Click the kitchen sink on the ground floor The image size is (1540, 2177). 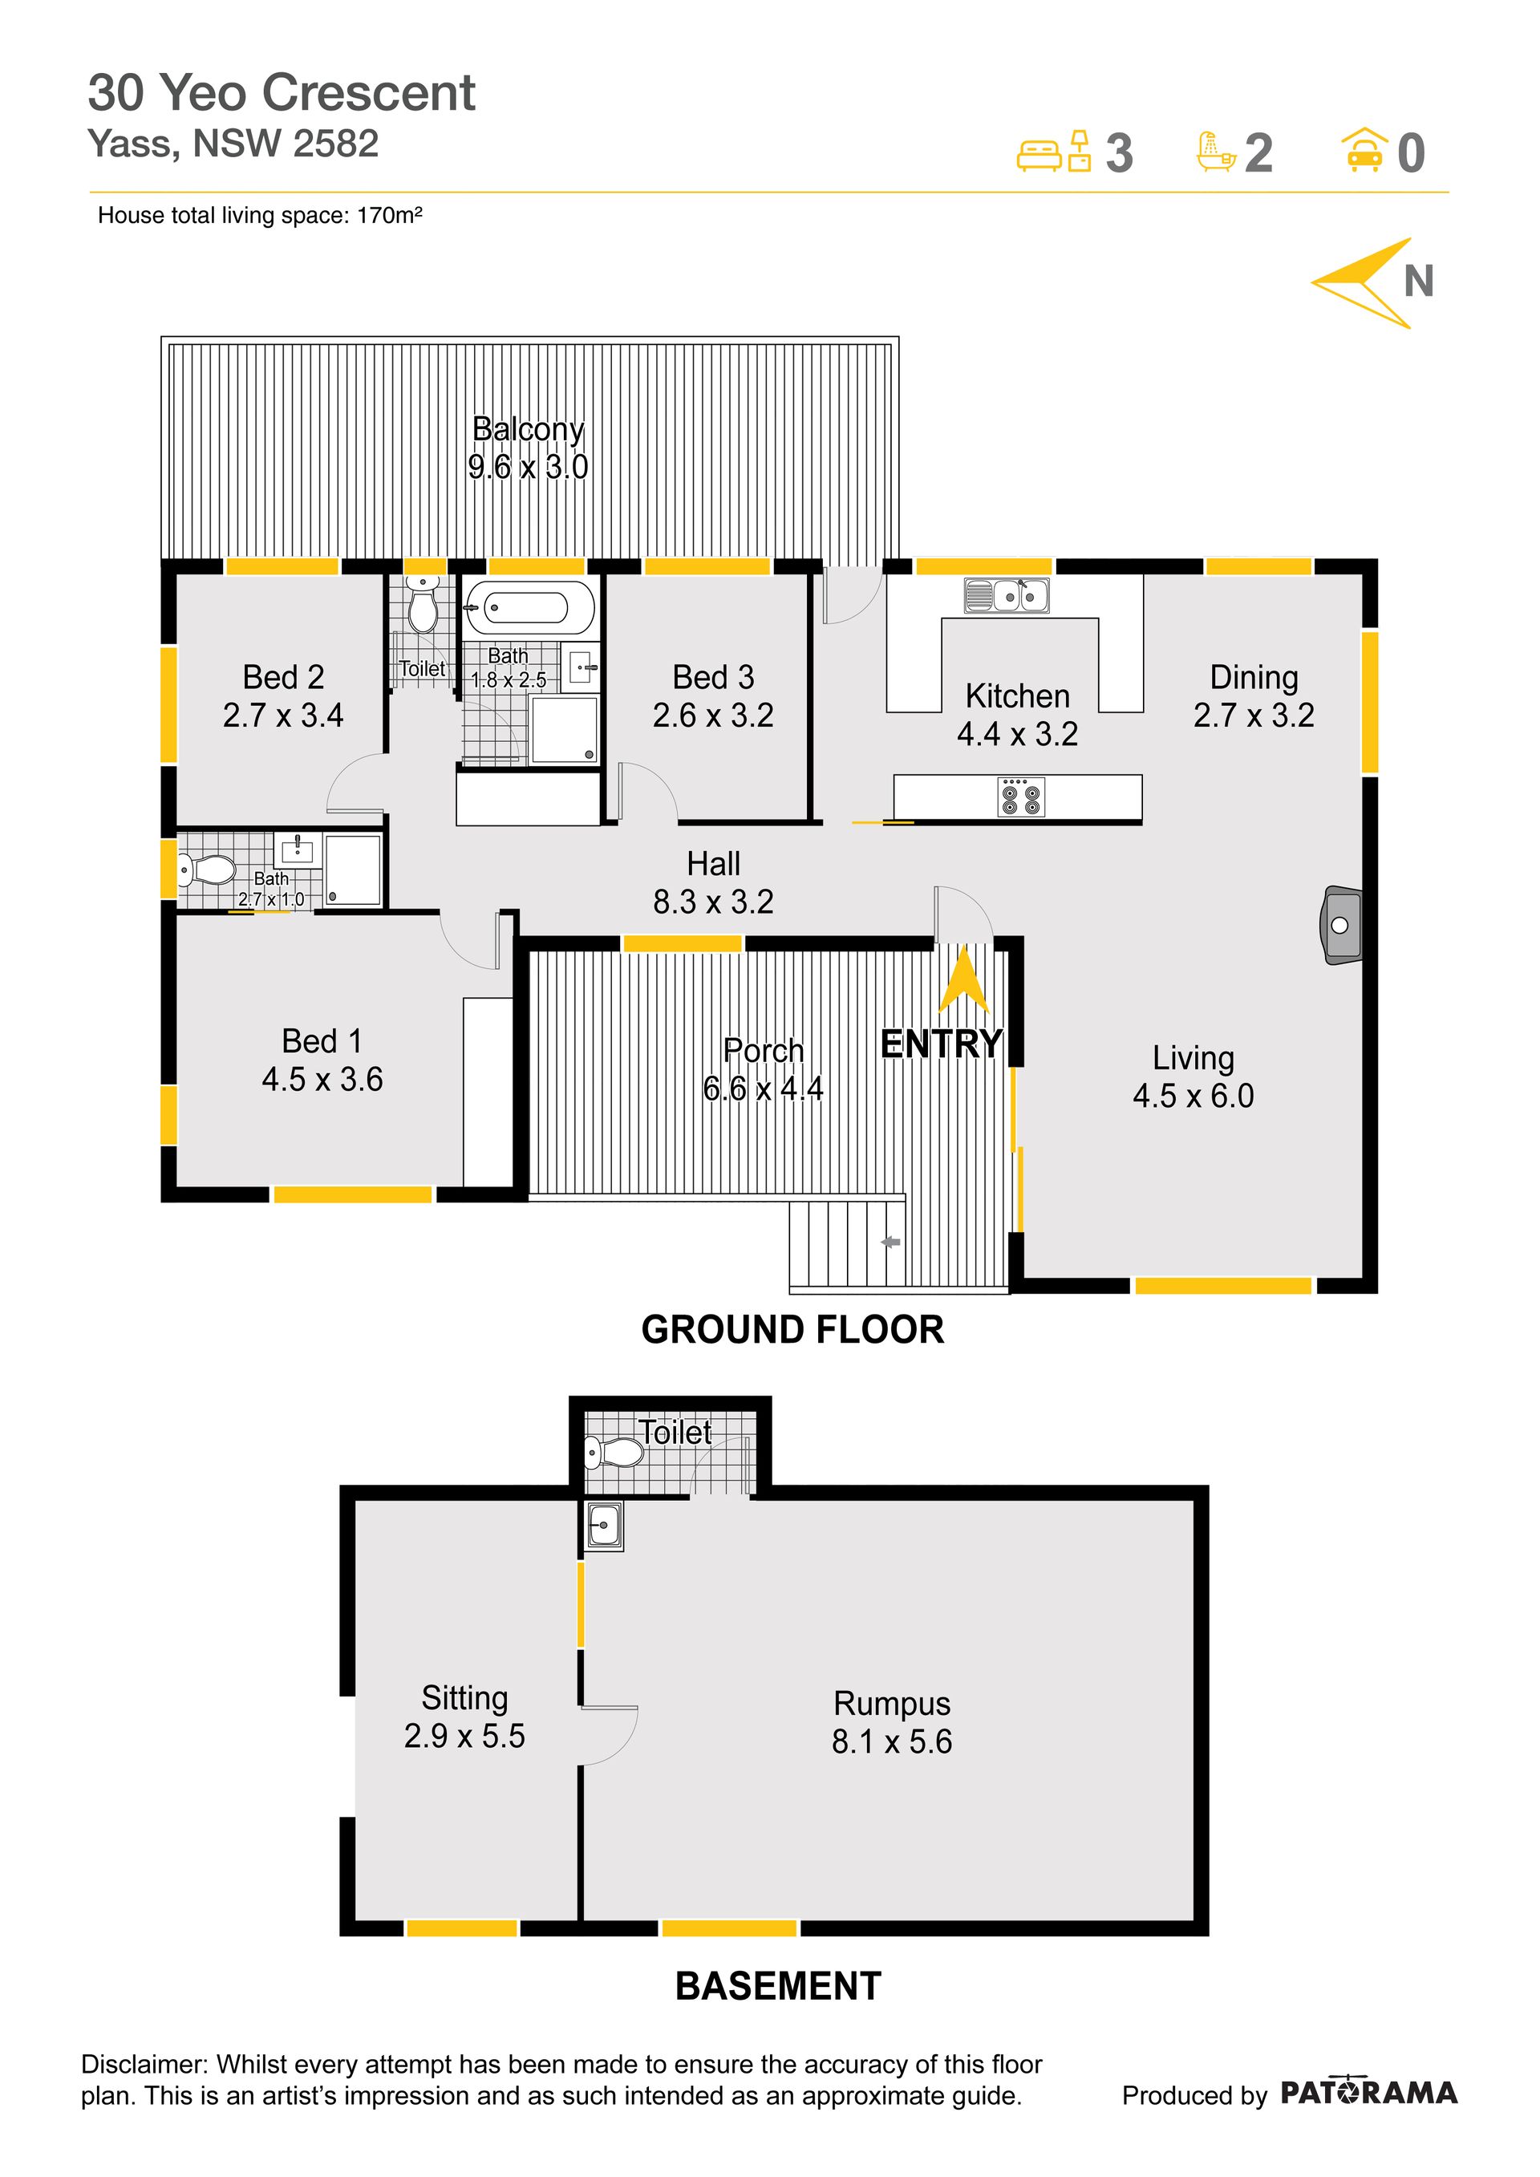coord(1006,595)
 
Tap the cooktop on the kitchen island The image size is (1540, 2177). coord(1021,797)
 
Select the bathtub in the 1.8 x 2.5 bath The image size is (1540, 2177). coord(529,607)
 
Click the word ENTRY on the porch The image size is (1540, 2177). coord(941,1044)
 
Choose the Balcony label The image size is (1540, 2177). coord(529,429)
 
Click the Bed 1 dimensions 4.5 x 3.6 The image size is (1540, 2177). coord(322,1079)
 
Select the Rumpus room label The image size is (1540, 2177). coord(891,1704)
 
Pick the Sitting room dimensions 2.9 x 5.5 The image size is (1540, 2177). coord(464,1736)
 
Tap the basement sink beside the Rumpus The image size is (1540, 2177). coord(604,1526)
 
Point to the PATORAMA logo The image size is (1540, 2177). coord(1368,2092)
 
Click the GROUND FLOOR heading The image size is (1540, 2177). coord(792,1329)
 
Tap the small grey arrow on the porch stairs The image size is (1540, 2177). coord(890,1242)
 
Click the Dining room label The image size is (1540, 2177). coord(1254,677)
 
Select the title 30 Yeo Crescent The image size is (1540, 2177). coord(282,93)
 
